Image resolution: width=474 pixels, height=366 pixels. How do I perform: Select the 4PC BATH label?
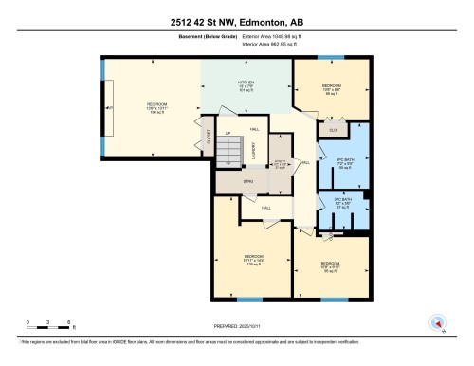click(x=345, y=158)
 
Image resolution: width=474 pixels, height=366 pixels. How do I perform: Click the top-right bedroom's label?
click(x=331, y=89)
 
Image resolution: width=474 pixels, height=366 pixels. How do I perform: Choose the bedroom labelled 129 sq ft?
click(x=253, y=259)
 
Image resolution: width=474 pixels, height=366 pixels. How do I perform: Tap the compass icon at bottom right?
click(x=437, y=321)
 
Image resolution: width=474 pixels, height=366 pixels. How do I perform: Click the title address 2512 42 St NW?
click(x=237, y=20)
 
